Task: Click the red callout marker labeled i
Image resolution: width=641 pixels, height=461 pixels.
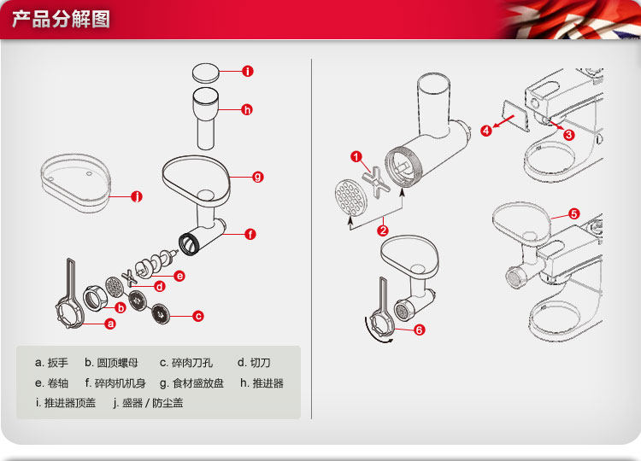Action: pos(247,72)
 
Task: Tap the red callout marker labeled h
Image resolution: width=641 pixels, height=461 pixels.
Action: pos(247,109)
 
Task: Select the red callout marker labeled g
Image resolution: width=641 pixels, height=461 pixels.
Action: pos(258,177)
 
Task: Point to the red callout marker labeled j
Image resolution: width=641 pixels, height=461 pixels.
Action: pos(137,197)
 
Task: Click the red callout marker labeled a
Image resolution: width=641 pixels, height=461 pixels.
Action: pos(110,324)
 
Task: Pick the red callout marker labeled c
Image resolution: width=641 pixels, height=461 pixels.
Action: pos(198,317)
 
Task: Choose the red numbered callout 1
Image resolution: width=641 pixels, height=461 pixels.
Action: pos(358,156)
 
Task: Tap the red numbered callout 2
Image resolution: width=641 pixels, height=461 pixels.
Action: pos(384,230)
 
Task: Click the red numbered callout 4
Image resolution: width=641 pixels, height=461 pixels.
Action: pos(486,131)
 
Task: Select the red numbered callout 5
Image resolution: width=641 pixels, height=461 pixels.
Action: pos(573,213)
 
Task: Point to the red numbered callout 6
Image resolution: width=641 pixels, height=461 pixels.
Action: pos(420,329)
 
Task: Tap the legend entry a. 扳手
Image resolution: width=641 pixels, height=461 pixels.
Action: pos(52,363)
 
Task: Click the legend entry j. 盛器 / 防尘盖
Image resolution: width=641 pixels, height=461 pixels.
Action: pos(148,403)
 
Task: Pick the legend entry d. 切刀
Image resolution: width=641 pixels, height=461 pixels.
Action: pos(254,363)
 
